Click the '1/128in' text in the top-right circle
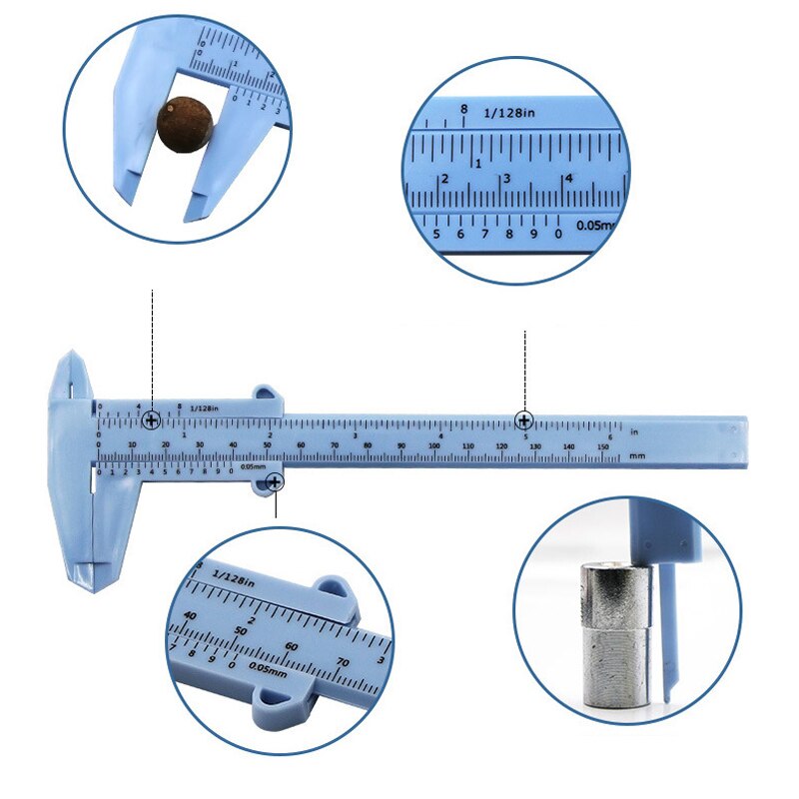[510, 114]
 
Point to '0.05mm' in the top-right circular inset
[595, 226]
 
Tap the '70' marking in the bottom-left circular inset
[343, 661]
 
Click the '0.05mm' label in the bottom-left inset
[268, 669]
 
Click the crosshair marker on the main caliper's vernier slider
[151, 420]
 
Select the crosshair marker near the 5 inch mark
[524, 419]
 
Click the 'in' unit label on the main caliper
[634, 430]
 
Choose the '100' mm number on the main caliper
[433, 445]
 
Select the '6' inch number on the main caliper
[609, 435]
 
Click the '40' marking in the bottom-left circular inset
[190, 615]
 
